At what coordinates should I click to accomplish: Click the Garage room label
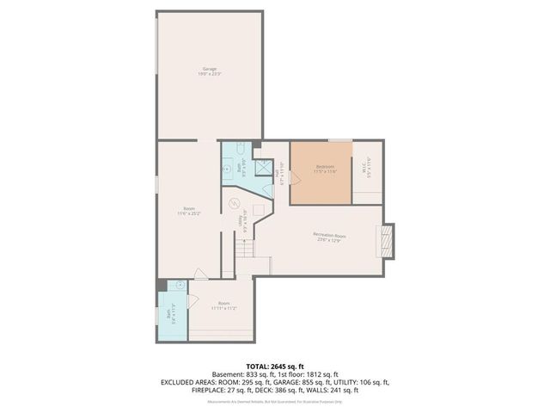[x=209, y=71]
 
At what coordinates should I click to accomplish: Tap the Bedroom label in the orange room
[x=325, y=169]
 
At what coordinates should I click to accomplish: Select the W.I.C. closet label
[x=368, y=170]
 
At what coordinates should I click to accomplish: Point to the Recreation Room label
[x=329, y=237]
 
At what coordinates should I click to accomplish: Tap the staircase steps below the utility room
[x=246, y=250]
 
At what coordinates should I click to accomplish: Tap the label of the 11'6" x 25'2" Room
[x=188, y=211]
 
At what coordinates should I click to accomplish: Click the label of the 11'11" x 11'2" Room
[x=223, y=305]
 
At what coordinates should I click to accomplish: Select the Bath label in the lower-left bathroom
[x=170, y=313]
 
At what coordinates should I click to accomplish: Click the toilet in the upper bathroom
[x=241, y=149]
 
